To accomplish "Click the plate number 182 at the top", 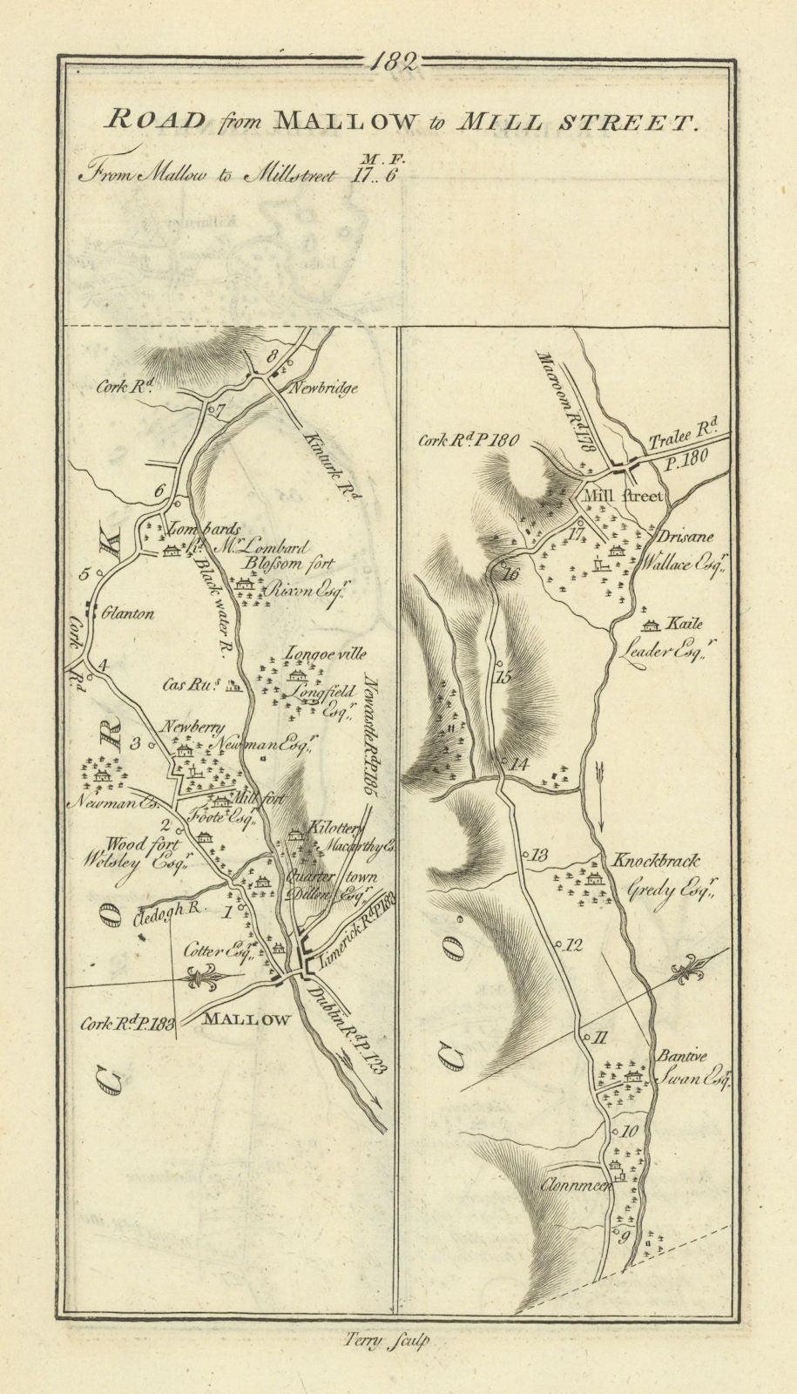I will pos(395,61).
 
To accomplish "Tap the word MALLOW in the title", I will pos(346,121).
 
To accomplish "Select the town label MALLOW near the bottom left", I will pos(247,1018).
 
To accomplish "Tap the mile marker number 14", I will pos(519,764).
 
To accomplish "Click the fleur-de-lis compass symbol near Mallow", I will pos(205,979).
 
